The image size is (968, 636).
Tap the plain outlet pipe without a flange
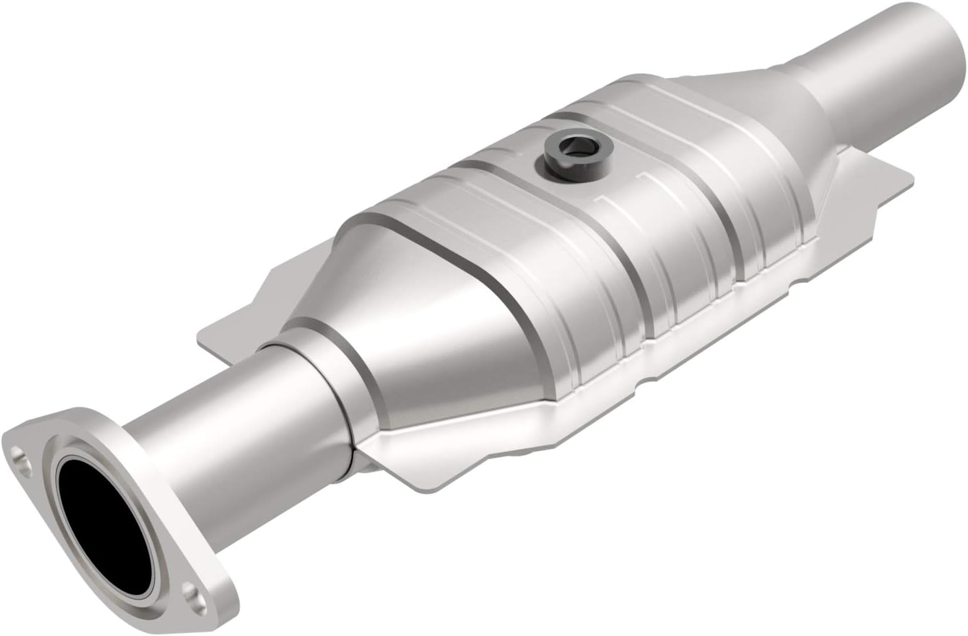coord(856,71)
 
